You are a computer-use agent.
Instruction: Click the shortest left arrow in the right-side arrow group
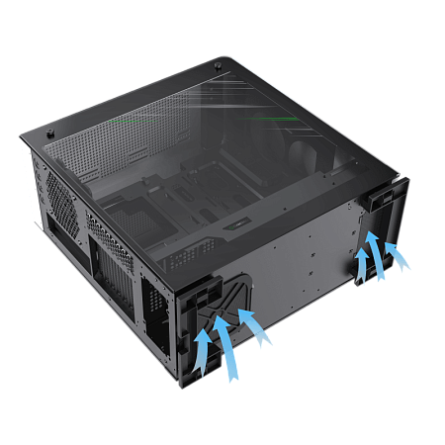[x=362, y=264]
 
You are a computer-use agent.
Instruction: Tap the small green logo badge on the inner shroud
[x=234, y=235]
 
